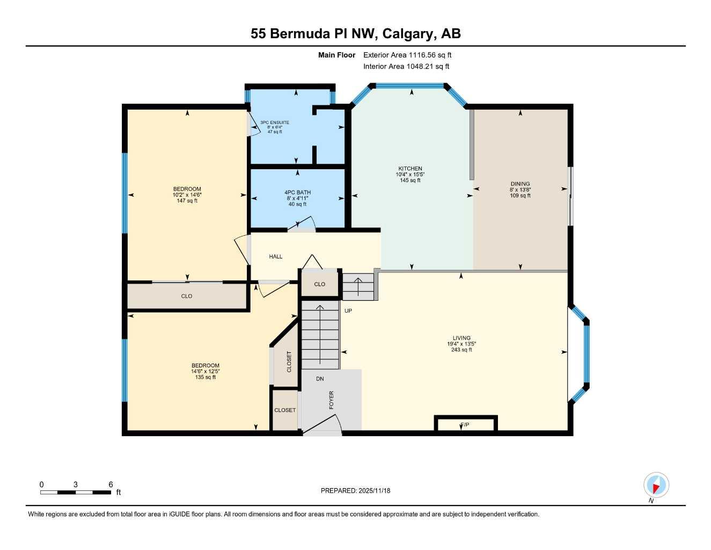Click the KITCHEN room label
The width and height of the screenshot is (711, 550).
(410, 169)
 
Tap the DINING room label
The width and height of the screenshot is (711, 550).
(520, 184)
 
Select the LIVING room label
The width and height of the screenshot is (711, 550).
(461, 338)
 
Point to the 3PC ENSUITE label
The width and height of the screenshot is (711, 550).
(275, 122)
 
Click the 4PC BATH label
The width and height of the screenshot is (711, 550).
(297, 192)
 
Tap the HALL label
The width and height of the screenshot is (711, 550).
(276, 257)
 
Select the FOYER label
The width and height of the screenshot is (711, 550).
(331, 400)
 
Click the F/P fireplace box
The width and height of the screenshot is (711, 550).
(465, 425)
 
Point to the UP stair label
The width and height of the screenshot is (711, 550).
(348, 311)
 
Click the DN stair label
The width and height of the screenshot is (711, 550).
(320, 379)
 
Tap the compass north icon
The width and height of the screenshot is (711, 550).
(656, 486)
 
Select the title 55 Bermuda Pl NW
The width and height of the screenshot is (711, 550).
(355, 33)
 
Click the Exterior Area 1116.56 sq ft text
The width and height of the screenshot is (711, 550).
(407, 55)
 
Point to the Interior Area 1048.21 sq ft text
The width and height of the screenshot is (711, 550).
(406, 67)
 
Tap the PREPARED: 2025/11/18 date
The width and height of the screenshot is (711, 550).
(355, 490)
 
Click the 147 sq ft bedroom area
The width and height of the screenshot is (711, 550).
(187, 201)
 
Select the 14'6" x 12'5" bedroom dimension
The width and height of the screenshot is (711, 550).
(206, 371)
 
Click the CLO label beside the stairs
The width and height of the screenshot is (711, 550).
(320, 284)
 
